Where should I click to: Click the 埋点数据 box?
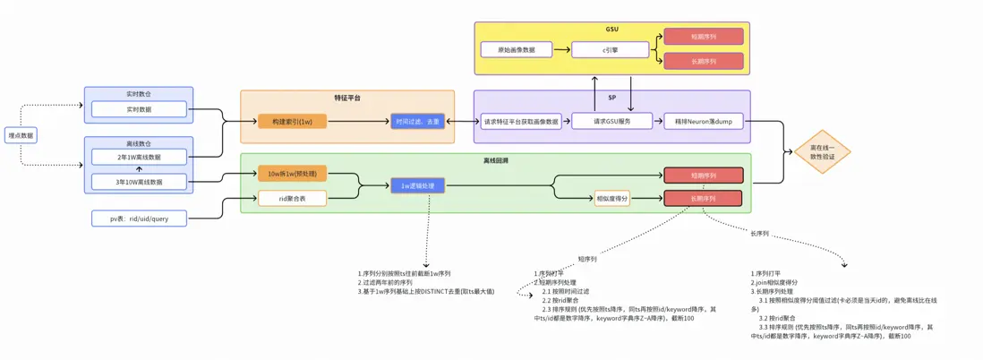click(x=21, y=136)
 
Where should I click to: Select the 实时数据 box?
click(x=139, y=109)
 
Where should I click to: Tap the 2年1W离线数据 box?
click(x=139, y=157)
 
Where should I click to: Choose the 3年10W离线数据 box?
click(x=139, y=182)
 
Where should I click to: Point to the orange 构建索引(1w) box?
click(x=292, y=121)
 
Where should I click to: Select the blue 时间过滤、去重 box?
click(x=418, y=121)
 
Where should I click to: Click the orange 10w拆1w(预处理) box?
click(x=292, y=174)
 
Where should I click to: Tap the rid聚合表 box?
click(x=292, y=198)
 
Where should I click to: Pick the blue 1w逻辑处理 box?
click(x=417, y=185)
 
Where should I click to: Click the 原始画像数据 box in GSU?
click(x=516, y=49)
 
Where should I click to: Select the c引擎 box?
click(x=611, y=50)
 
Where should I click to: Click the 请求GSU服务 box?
click(x=612, y=121)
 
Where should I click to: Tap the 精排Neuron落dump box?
click(x=703, y=121)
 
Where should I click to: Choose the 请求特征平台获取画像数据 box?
click(x=521, y=121)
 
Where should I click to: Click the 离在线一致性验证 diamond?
click(x=822, y=151)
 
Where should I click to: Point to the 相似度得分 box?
click(x=611, y=198)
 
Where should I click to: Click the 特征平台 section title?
click(x=346, y=97)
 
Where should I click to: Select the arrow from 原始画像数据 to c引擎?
click(x=561, y=49)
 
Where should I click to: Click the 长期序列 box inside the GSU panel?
click(x=703, y=61)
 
